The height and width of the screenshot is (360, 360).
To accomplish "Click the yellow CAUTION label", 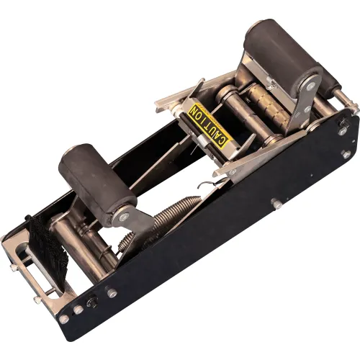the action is [x=208, y=125].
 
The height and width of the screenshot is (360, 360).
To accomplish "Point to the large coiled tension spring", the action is [x=174, y=215].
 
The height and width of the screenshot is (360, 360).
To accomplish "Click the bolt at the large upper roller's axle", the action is [x=311, y=85].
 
